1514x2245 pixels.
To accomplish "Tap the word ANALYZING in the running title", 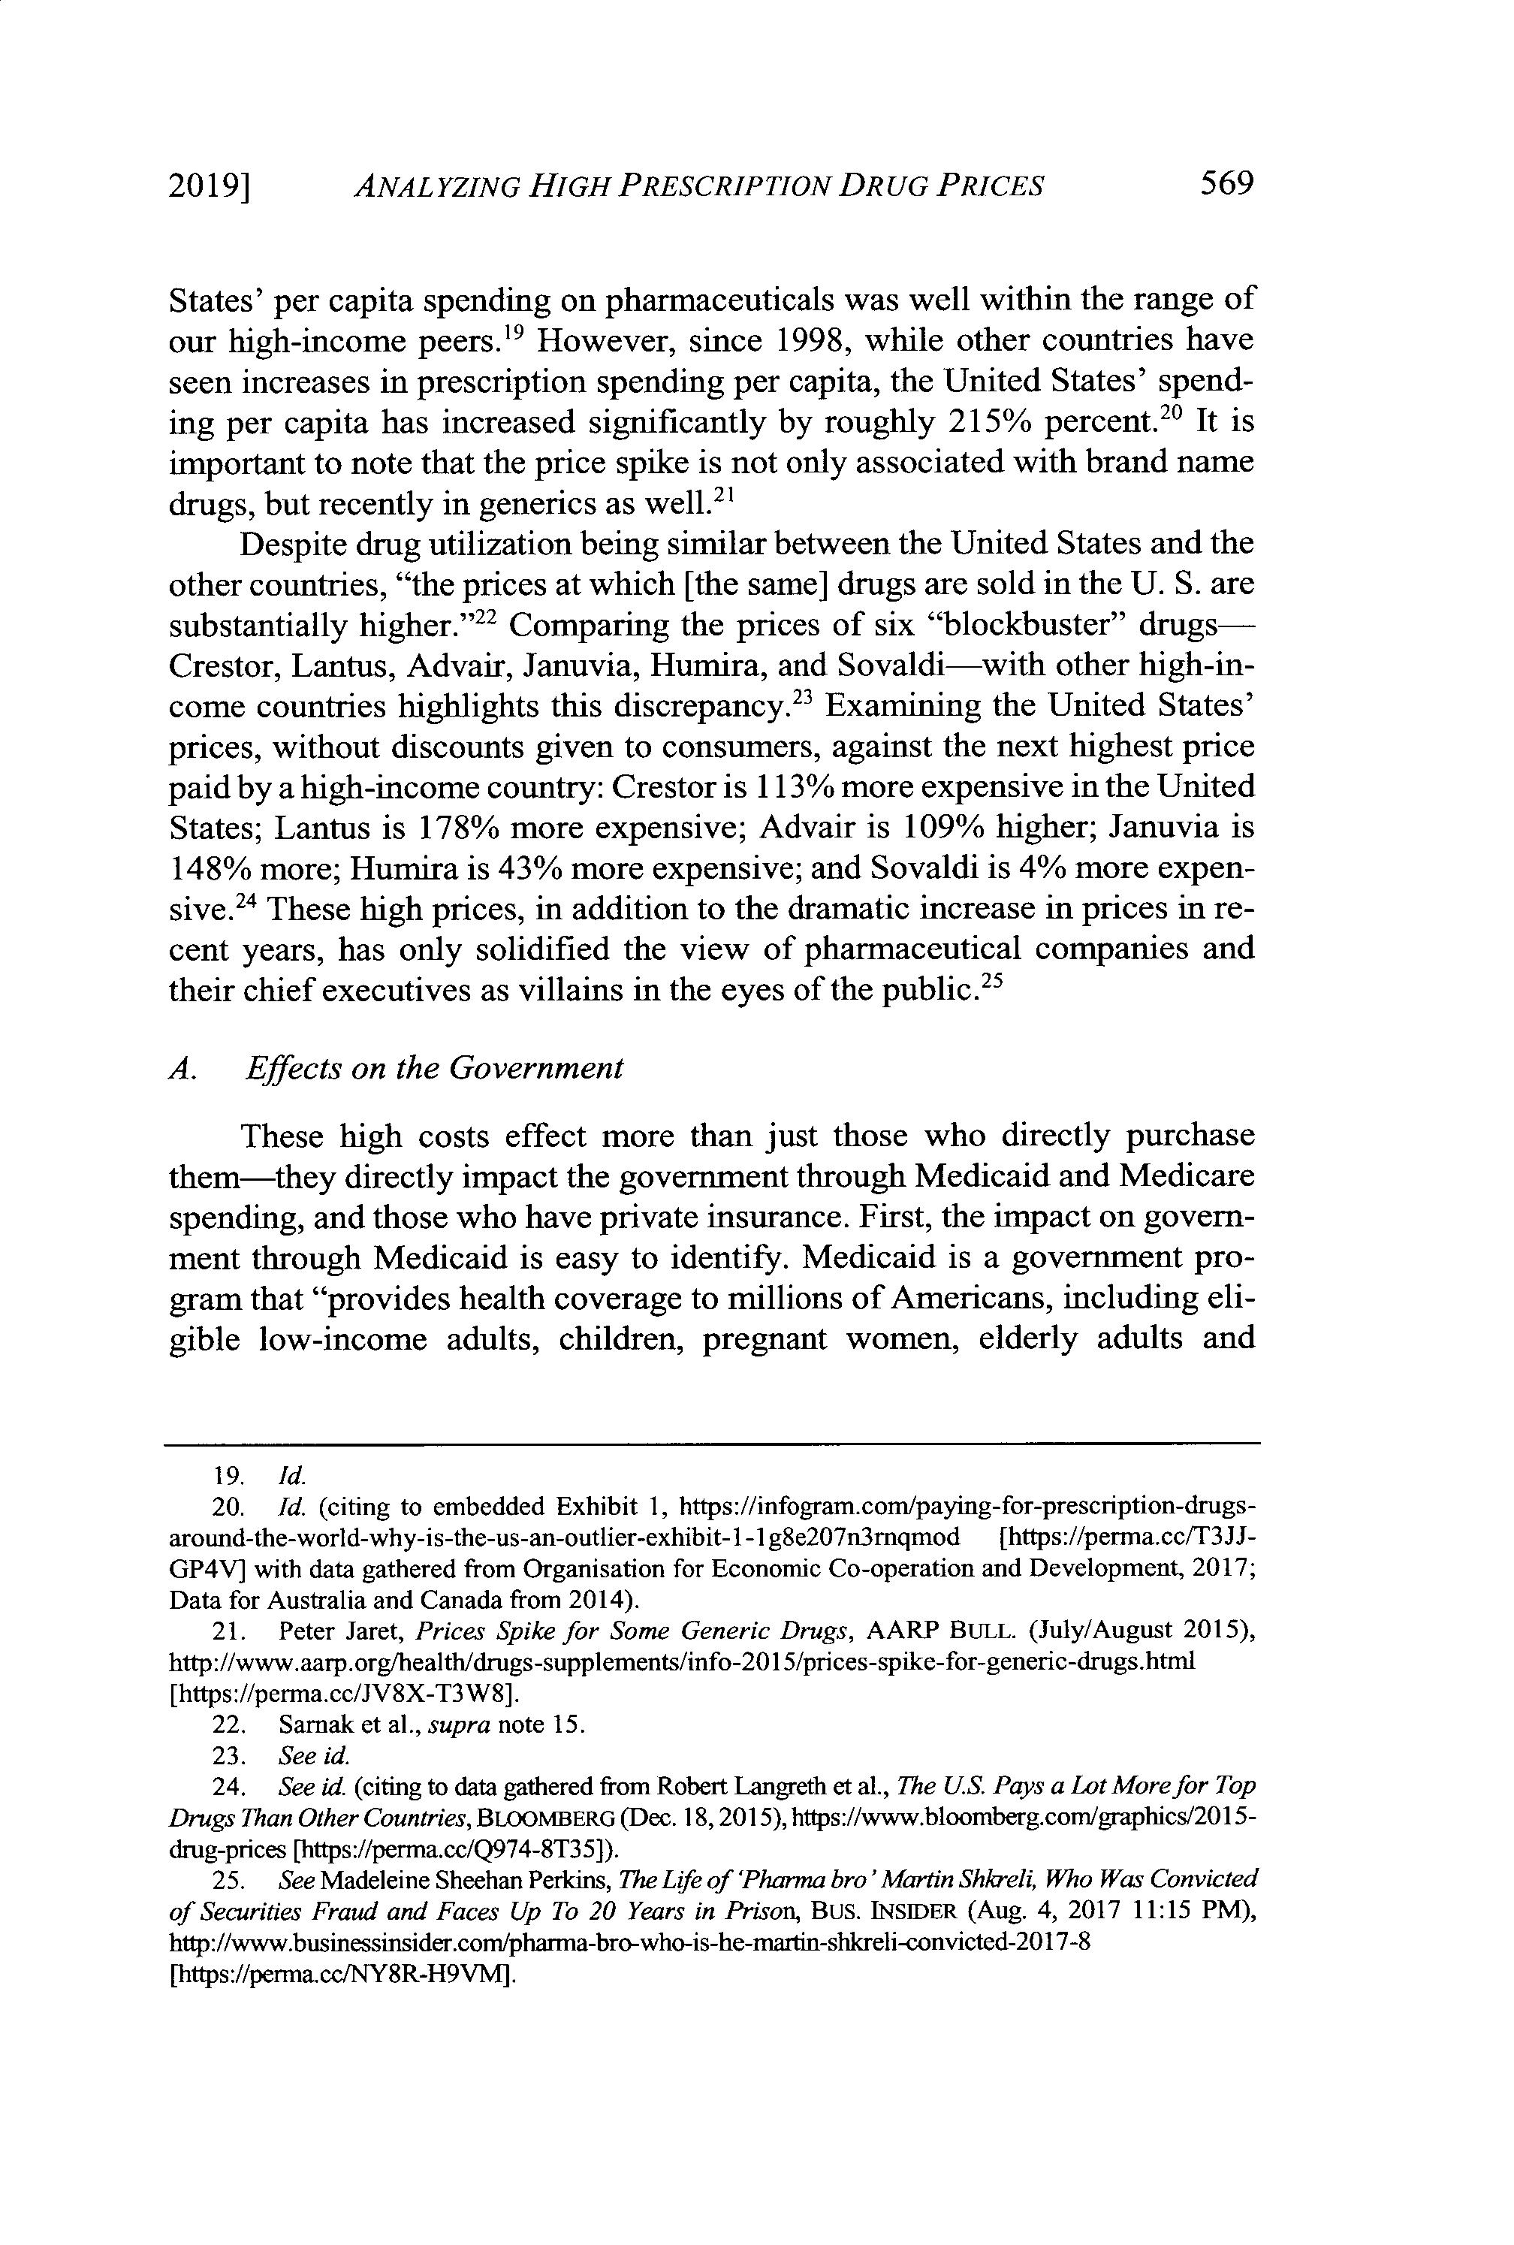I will point(436,186).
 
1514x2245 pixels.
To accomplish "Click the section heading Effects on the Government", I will point(435,1069).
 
